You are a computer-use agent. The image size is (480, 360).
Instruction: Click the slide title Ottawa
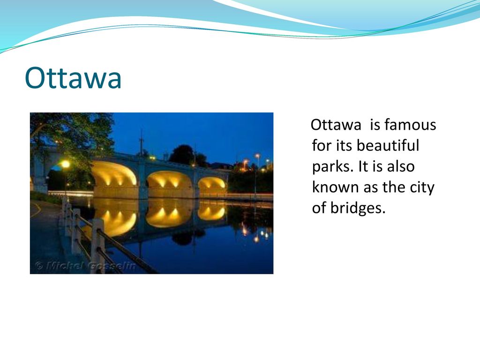click(73, 78)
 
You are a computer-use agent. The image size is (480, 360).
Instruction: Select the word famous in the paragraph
click(410, 125)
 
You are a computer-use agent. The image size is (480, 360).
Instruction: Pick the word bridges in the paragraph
click(358, 208)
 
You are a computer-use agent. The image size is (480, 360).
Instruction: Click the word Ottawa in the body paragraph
click(336, 125)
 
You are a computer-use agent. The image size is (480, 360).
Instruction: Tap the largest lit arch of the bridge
click(115, 175)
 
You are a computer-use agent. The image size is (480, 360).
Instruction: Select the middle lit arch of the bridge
click(169, 180)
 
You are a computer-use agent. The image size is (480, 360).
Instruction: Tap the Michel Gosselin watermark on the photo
click(85, 265)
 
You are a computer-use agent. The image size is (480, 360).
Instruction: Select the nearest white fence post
click(98, 245)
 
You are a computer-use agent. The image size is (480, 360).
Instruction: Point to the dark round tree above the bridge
click(182, 154)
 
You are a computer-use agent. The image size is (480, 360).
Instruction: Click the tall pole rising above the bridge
click(142, 142)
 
